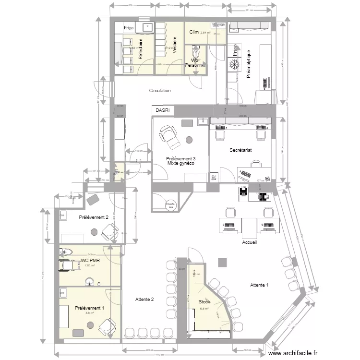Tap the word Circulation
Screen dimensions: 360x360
160,90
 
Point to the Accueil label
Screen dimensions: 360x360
250,242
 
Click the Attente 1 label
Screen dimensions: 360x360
259,285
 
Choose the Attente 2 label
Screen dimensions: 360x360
144,299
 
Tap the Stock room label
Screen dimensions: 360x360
205,302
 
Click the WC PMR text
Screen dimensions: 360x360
89,261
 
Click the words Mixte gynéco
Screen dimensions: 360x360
180,163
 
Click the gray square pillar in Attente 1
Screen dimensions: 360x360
222,262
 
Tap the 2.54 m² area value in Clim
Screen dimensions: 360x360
205,33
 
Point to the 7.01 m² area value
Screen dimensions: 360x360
89,265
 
